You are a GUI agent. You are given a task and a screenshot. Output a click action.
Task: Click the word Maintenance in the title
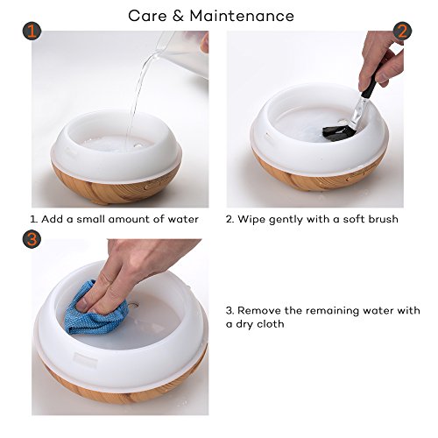click(242, 16)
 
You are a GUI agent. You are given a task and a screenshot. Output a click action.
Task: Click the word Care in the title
click(147, 16)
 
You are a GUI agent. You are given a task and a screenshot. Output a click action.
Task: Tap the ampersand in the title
click(178, 16)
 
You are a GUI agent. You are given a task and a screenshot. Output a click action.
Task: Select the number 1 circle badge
click(32, 32)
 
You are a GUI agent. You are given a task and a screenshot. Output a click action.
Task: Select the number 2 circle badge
click(402, 32)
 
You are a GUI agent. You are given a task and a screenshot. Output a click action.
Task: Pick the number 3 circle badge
click(32, 239)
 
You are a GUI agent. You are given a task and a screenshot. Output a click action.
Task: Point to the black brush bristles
click(337, 133)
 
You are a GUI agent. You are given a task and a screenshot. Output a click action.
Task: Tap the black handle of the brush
click(371, 85)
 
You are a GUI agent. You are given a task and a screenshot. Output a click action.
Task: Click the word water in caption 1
click(183, 219)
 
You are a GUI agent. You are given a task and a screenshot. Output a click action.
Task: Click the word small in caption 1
click(90, 219)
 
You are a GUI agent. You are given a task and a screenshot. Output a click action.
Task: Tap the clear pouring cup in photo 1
click(184, 53)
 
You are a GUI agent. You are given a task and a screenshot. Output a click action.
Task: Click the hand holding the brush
click(381, 59)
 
